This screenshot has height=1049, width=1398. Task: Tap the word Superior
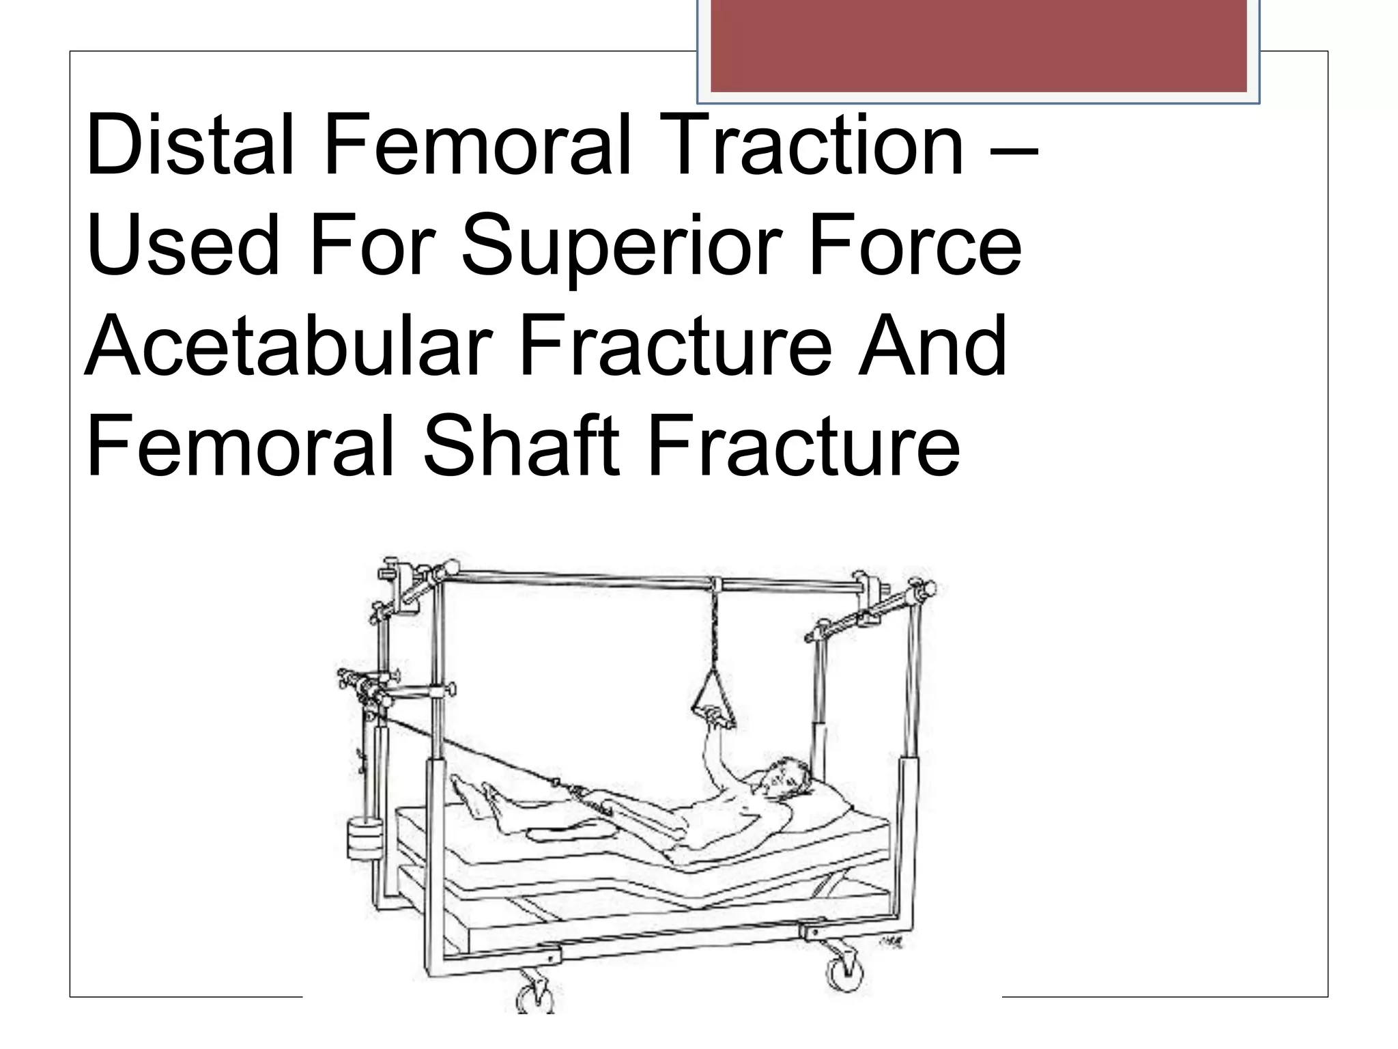pyautogui.click(x=621, y=246)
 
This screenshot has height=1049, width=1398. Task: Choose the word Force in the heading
pyautogui.click(x=915, y=246)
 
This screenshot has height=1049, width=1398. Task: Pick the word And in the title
pyautogui.click(x=932, y=346)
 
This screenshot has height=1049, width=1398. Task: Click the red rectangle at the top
pyautogui.click(x=978, y=45)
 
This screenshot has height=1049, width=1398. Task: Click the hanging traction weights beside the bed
pyautogui.click(x=365, y=839)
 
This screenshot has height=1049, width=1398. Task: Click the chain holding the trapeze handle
pyautogui.click(x=715, y=628)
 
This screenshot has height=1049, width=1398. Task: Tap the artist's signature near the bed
pyautogui.click(x=891, y=943)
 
